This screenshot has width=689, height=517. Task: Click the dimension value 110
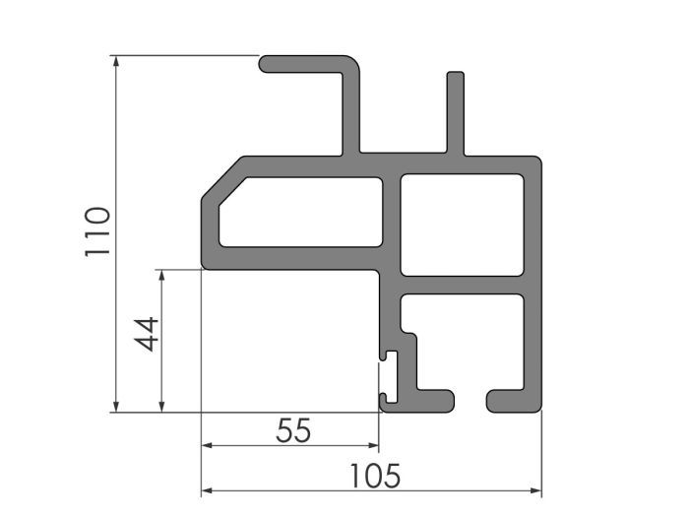click(x=96, y=232)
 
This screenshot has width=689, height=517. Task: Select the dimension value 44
click(x=146, y=334)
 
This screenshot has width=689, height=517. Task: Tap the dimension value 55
click(x=292, y=430)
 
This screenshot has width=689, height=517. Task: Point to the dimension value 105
click(x=374, y=477)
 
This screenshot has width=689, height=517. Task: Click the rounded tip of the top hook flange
click(x=267, y=64)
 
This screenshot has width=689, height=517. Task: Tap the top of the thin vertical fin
click(x=455, y=76)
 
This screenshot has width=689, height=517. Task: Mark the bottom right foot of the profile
click(x=512, y=401)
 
